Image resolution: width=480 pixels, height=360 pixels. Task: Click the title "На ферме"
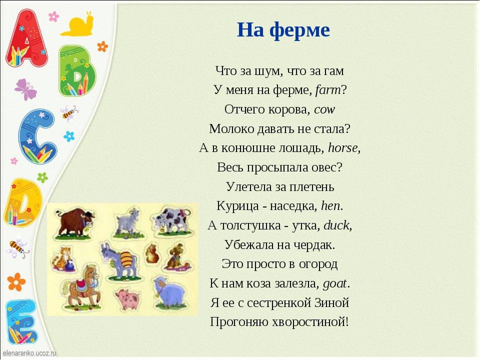(x=283, y=30)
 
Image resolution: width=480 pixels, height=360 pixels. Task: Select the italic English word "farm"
(x=327, y=90)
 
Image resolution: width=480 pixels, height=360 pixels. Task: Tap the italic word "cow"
(x=324, y=109)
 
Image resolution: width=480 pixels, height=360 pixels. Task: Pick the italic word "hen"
(x=330, y=205)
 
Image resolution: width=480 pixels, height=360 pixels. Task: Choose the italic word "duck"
(x=336, y=225)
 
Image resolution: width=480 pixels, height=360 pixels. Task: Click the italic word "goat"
(x=335, y=284)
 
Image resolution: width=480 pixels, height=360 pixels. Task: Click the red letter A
(x=27, y=38)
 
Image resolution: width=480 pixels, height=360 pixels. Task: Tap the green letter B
(x=76, y=70)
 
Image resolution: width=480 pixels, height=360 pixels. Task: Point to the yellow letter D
(x=22, y=202)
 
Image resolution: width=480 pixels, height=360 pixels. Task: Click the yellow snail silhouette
(x=77, y=24)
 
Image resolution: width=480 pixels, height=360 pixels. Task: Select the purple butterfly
(x=25, y=89)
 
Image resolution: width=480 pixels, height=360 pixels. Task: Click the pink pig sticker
(x=127, y=298)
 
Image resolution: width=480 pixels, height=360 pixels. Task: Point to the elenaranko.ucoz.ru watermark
(x=29, y=353)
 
